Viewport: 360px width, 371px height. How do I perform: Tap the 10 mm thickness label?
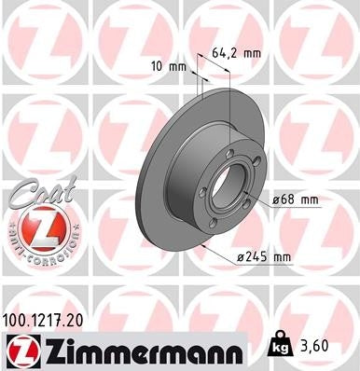click(x=168, y=66)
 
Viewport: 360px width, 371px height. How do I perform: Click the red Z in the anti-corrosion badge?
click(x=38, y=229)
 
